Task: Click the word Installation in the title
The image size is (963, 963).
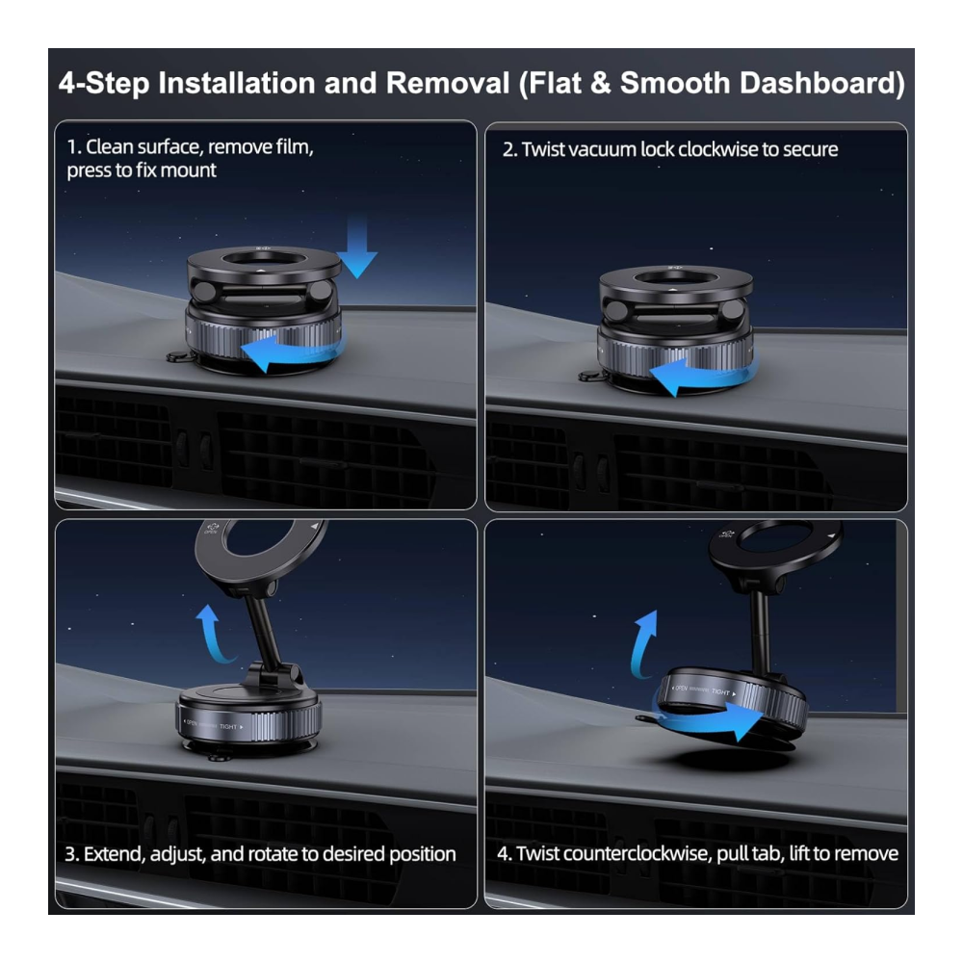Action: click(237, 83)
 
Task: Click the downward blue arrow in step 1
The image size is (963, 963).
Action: click(357, 247)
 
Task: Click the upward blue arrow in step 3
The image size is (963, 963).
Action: click(212, 633)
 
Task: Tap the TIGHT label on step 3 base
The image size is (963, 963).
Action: click(228, 726)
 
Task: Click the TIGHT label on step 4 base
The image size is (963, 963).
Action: click(720, 692)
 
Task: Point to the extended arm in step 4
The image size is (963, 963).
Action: click(762, 628)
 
